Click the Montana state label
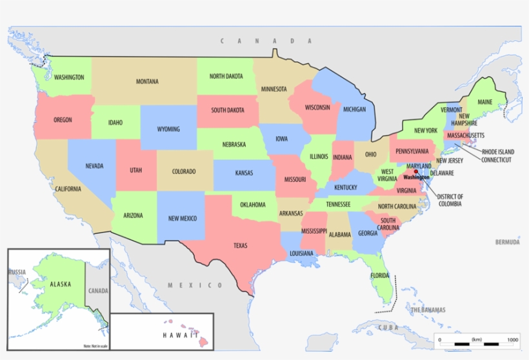(147, 82)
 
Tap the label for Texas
(240, 245)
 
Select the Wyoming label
(168, 129)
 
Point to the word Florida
(380, 275)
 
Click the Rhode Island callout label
(500, 152)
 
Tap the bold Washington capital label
(416, 177)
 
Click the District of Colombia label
(450, 200)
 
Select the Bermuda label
(507, 243)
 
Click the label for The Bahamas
(428, 310)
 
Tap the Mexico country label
(195, 285)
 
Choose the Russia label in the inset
(17, 272)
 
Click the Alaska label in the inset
(60, 284)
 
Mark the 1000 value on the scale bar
(513, 339)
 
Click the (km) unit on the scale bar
(477, 339)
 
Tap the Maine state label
(484, 103)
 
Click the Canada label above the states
(257, 41)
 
